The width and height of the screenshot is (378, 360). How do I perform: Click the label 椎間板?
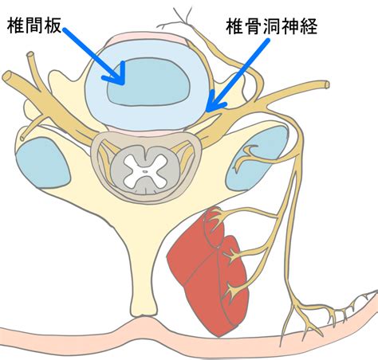pyautogui.click(x=34, y=25)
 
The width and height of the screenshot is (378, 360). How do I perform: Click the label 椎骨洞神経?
pyautogui.click(x=272, y=26)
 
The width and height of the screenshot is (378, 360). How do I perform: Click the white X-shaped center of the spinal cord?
pyautogui.click(x=144, y=170)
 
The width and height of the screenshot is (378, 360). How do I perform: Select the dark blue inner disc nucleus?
pyautogui.click(x=148, y=81)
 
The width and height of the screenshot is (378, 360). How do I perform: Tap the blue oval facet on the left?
pyautogui.click(x=42, y=162)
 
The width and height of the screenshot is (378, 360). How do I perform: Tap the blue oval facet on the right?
pyautogui.click(x=258, y=158)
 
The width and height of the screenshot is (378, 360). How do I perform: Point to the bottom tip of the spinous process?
pyautogui.click(x=144, y=315)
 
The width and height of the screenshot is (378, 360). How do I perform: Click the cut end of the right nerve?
pyautogui.click(x=327, y=84)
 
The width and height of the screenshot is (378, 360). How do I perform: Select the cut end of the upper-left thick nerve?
pyautogui.click(x=7, y=76)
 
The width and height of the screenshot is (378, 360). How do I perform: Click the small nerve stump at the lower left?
pyautogui.click(x=23, y=138)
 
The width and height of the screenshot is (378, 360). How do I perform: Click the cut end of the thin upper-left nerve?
pyautogui.click(x=30, y=55)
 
